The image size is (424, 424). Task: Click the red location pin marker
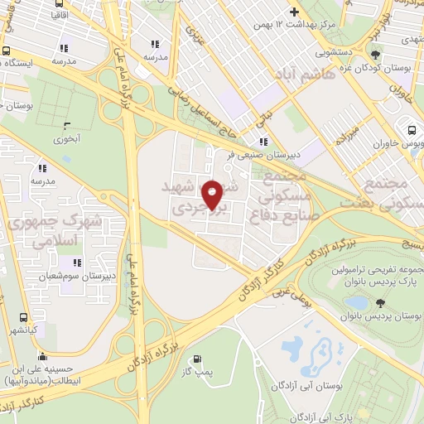pos(214,195)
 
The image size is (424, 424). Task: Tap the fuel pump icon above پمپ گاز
pos(197,359)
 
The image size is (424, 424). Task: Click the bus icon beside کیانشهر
pos(23,316)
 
